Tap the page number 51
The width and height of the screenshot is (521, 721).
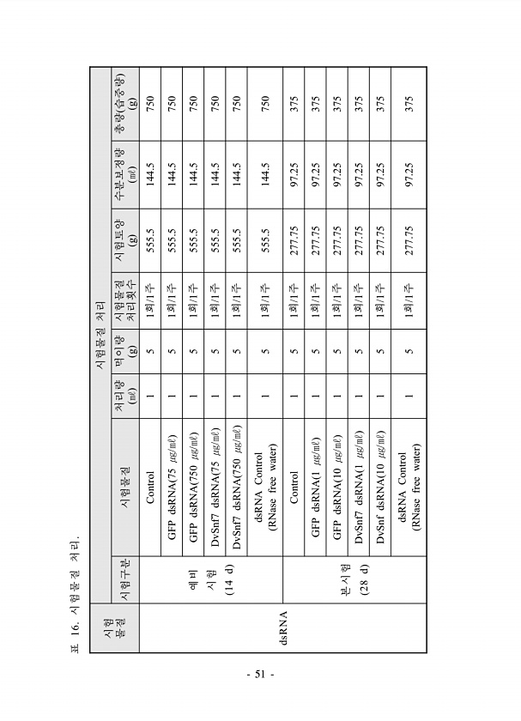tap(260, 675)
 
